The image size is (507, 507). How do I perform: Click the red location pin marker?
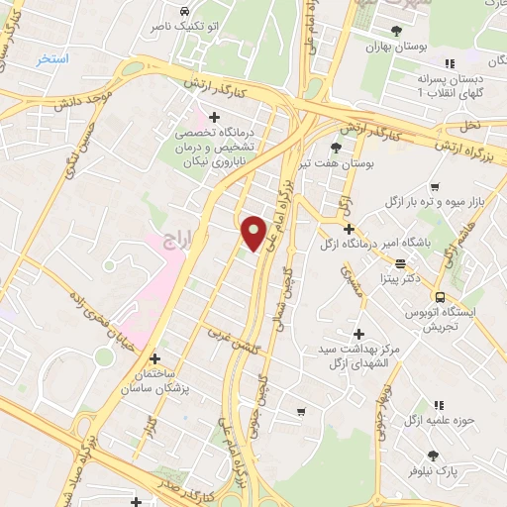254,232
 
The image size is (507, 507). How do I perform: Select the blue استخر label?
51,59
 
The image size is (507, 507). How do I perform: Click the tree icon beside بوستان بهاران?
396,31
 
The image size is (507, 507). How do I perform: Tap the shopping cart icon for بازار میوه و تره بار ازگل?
435,186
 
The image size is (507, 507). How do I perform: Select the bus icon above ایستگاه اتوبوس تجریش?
439,296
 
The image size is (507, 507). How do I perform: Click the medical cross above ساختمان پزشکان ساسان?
153,359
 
